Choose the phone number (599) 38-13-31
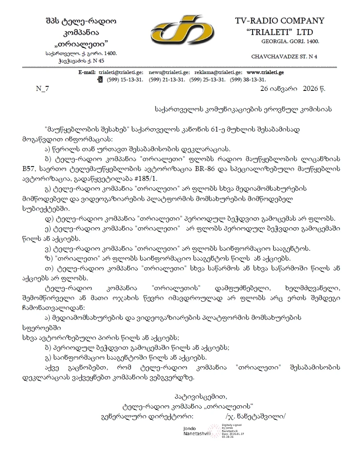point(248,79)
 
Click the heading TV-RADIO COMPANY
point(279,21)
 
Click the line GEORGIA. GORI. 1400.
point(290,42)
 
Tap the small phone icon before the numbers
point(100,79)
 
